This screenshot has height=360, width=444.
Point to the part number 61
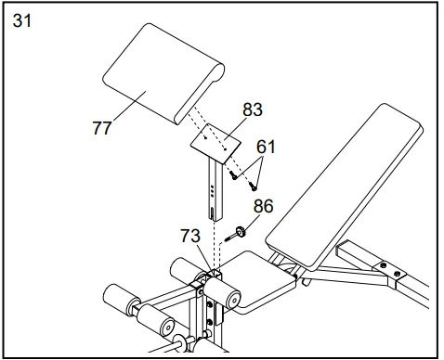tap(266, 146)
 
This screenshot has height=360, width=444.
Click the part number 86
tap(263, 206)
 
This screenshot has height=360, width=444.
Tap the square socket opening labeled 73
tap(214, 271)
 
